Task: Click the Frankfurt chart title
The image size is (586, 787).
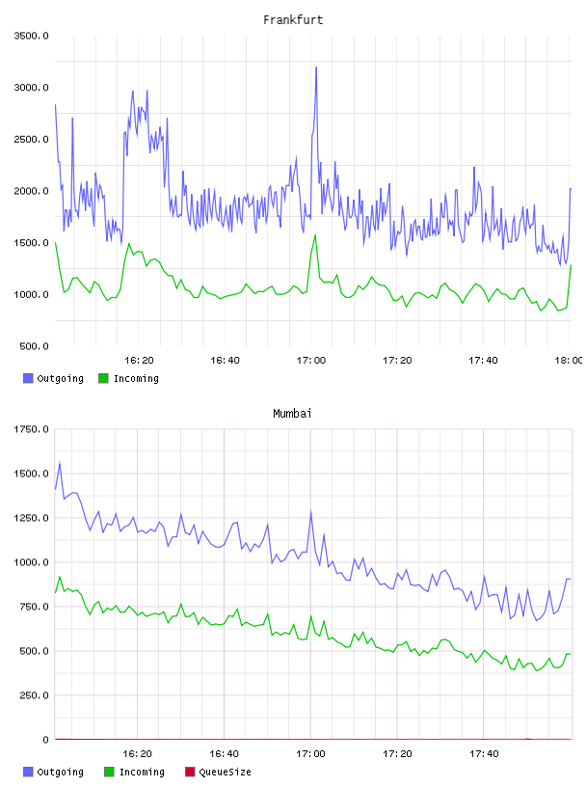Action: tap(293, 19)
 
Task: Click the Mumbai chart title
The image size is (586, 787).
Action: tap(292, 413)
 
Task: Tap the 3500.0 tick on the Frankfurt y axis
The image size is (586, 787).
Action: tap(31, 36)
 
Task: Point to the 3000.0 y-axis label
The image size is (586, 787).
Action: tap(31, 88)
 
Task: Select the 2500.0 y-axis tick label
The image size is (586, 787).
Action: tap(31, 139)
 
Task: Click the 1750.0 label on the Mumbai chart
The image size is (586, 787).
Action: tap(31, 429)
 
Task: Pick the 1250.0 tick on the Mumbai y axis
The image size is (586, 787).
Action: tap(31, 518)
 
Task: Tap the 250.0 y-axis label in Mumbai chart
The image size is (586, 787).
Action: tap(34, 695)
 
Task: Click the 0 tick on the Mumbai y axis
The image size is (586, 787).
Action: tap(45, 740)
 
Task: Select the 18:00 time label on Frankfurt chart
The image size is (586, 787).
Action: tap(569, 360)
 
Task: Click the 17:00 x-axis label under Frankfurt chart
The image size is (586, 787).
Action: tap(311, 360)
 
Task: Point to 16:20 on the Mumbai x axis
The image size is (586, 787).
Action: tap(137, 753)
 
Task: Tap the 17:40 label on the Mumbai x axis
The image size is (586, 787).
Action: tap(484, 753)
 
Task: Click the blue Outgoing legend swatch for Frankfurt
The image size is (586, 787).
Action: tap(28, 378)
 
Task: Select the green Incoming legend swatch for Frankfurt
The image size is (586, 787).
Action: tap(103, 378)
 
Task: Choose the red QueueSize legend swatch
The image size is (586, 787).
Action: tap(190, 772)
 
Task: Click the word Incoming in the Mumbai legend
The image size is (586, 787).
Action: tap(142, 772)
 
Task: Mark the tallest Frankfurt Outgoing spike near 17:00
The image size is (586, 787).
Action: tap(316, 68)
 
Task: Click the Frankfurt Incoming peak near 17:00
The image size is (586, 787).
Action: tap(315, 234)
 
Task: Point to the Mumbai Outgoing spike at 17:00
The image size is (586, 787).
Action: tap(310, 511)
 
